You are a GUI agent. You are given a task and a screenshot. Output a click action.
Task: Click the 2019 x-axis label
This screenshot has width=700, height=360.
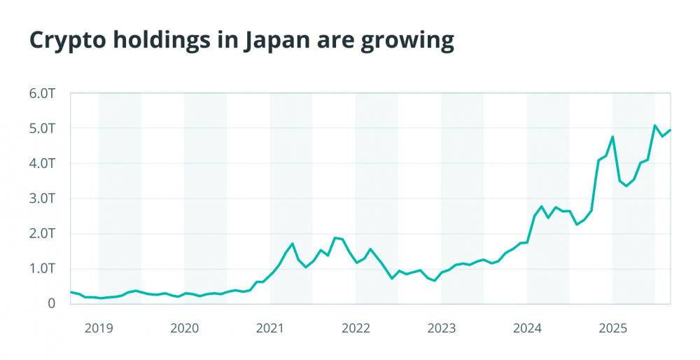[98, 328]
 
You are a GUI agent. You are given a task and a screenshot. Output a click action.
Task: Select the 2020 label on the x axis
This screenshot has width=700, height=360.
[184, 328]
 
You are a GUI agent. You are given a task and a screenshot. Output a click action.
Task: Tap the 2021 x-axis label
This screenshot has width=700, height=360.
[269, 328]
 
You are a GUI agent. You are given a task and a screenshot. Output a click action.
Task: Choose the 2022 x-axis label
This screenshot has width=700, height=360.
[356, 328]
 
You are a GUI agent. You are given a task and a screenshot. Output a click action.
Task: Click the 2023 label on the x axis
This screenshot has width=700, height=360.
[441, 328]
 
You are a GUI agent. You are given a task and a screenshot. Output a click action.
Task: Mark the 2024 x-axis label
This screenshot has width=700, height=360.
[527, 328]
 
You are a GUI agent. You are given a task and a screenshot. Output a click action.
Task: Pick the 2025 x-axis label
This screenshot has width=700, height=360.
[612, 328]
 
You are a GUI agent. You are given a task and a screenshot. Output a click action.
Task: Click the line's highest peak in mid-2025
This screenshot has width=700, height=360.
[655, 126]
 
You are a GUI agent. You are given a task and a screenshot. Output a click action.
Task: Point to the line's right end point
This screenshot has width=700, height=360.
[671, 130]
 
